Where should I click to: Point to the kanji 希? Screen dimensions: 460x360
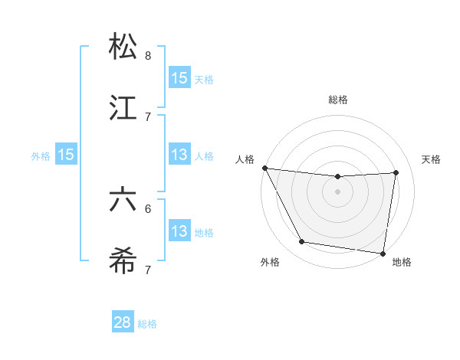(x=123, y=260)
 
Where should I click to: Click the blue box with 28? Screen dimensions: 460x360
(x=123, y=322)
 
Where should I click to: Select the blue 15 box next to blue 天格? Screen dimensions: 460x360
(x=179, y=78)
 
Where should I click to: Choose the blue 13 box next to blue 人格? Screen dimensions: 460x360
(x=179, y=155)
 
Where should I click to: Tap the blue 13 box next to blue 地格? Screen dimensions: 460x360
(x=179, y=231)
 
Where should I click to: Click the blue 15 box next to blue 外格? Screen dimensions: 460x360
(x=66, y=155)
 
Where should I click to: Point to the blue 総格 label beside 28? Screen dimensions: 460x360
(x=147, y=324)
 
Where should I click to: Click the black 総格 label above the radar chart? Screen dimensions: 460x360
(x=338, y=100)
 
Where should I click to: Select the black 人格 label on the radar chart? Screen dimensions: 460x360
(x=245, y=159)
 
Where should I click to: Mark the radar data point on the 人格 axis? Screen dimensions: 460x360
(x=265, y=168)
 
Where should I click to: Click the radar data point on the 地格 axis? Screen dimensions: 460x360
(x=382, y=253)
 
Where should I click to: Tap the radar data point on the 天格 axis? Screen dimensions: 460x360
(x=396, y=172)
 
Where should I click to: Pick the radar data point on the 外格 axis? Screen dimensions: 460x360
(x=302, y=243)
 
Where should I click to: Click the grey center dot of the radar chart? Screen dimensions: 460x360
(x=338, y=191)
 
